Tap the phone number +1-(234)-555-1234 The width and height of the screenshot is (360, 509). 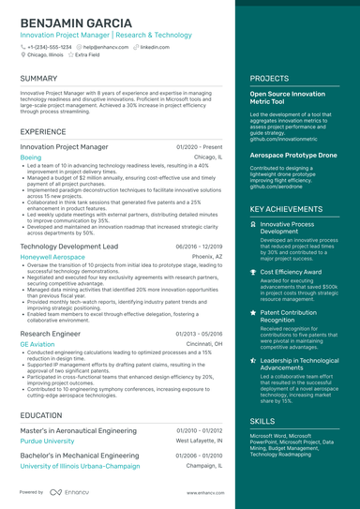coord(49,46)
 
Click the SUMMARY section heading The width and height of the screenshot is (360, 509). coord(38,79)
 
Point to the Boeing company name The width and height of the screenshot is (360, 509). coord(31,158)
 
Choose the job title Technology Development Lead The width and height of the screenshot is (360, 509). coord(68,246)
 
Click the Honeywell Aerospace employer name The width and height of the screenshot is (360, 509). coord(52,256)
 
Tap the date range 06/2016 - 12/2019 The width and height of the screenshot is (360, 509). coord(199,246)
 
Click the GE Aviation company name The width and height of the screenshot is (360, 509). coord(37,344)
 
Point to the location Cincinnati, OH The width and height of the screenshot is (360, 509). coord(204,344)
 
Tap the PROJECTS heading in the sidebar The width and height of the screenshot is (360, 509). coord(269,79)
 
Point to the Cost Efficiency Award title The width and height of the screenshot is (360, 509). coord(292,272)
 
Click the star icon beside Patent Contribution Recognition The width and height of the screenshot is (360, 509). coord(254,312)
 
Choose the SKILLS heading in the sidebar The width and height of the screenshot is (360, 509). coord(262,422)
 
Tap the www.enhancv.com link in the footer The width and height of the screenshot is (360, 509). coord(202,492)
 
